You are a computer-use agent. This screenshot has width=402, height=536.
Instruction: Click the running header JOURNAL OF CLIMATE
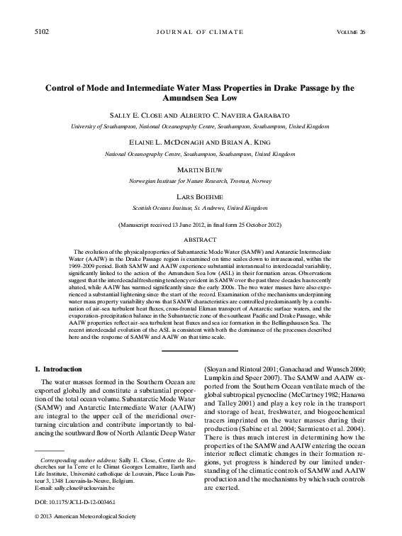[x=201, y=33]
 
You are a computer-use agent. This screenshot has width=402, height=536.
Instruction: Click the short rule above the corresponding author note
[x=50, y=450]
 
